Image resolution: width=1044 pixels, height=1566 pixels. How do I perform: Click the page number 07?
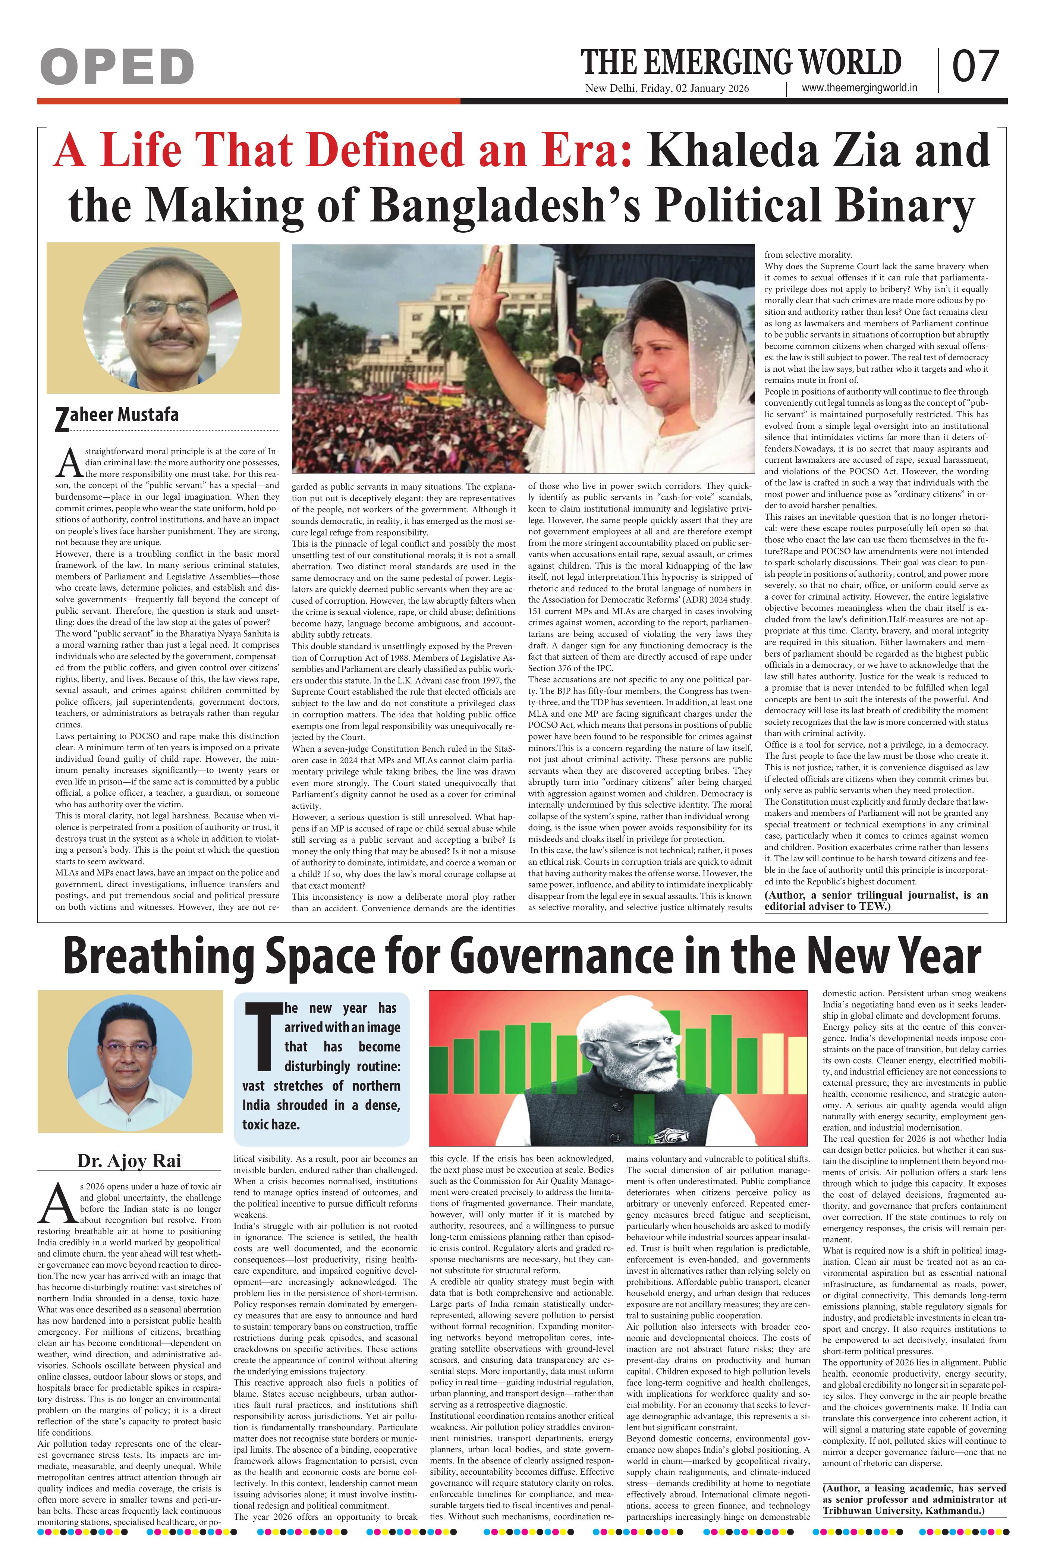tap(976, 67)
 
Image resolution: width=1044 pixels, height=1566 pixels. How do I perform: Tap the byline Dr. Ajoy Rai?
tap(129, 1160)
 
